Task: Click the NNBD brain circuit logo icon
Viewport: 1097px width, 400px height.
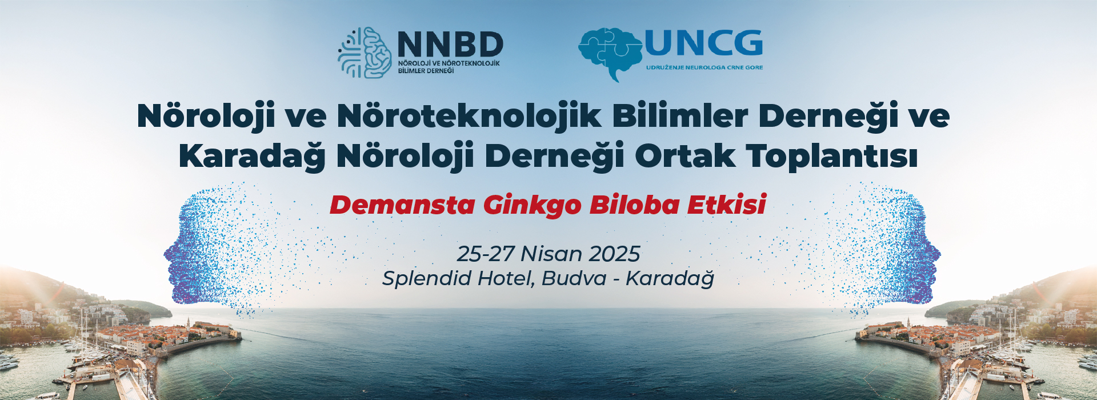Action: pyautogui.click(x=365, y=53)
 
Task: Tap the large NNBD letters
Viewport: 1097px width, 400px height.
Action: pyautogui.click(x=450, y=44)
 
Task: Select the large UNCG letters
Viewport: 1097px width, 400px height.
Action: pyautogui.click(x=704, y=43)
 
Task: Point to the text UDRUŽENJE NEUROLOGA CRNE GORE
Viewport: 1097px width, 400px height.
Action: pyautogui.click(x=704, y=67)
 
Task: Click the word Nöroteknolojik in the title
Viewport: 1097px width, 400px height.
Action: pyautogui.click(x=470, y=116)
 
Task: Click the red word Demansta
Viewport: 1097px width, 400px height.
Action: pyautogui.click(x=403, y=205)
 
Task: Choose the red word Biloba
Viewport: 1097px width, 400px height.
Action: pyautogui.click(x=634, y=205)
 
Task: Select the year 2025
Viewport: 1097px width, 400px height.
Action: pyautogui.click(x=614, y=254)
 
